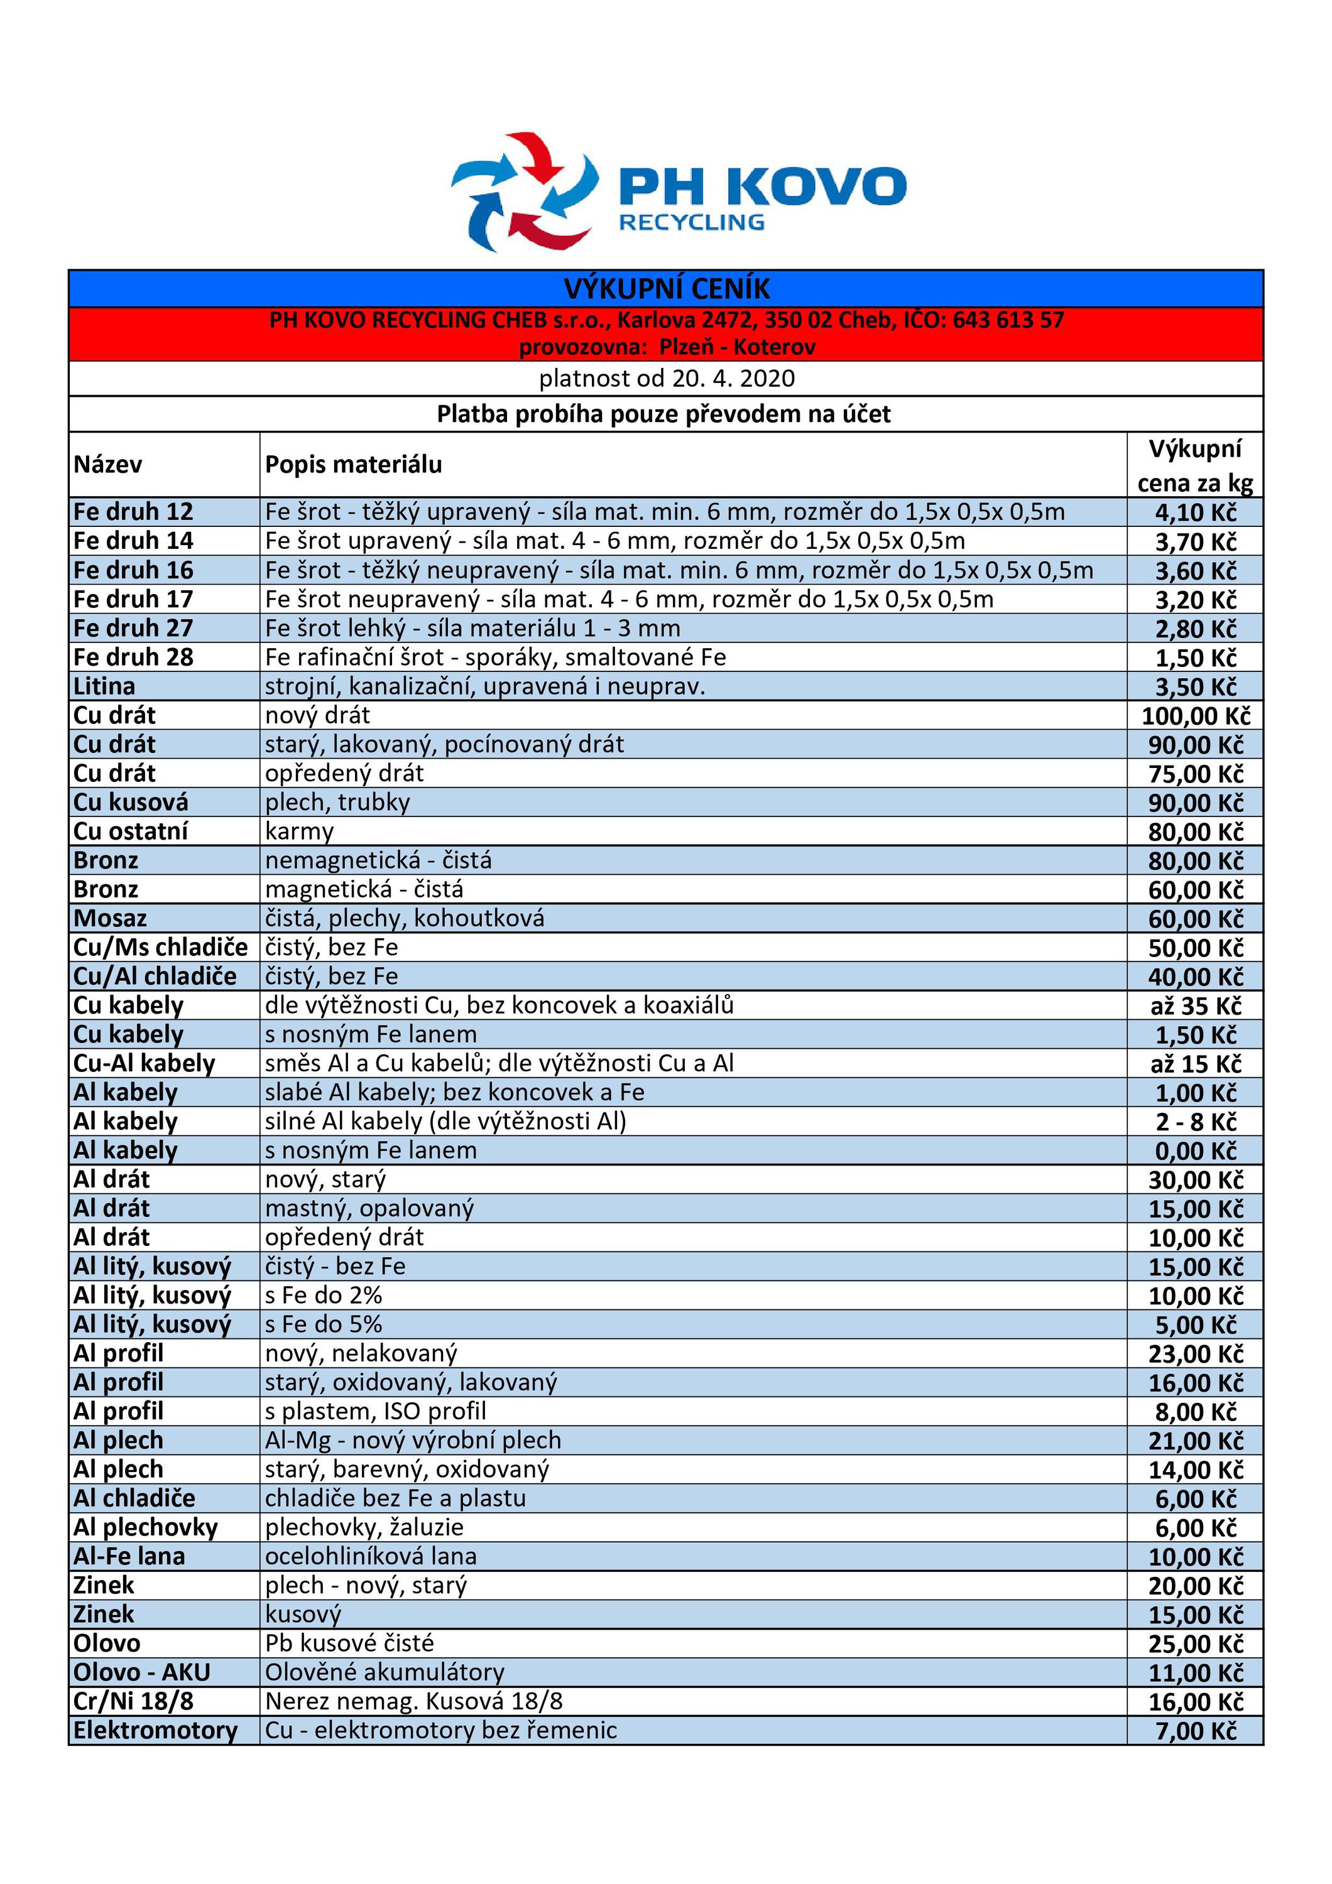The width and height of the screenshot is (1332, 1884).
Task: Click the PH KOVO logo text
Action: pyautogui.click(x=762, y=187)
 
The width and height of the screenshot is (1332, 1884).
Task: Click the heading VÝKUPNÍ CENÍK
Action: pyautogui.click(x=667, y=289)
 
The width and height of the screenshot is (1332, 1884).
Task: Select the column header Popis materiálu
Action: pyautogui.click(x=353, y=465)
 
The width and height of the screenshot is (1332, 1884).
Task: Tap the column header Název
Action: pyautogui.click(x=107, y=465)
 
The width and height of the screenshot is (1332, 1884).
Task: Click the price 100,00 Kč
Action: pyautogui.click(x=1195, y=717)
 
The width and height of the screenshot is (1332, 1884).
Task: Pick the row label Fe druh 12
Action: pyautogui.click(x=133, y=512)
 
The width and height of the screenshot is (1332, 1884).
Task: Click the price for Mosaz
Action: pyautogui.click(x=1195, y=919)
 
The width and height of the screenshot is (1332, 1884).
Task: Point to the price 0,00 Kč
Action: pyautogui.click(x=1195, y=1151)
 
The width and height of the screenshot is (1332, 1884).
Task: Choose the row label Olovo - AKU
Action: pyautogui.click(x=142, y=1672)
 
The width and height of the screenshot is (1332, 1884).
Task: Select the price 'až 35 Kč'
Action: pyautogui.click(x=1195, y=1006)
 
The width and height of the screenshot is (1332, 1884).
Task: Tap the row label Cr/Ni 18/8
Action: pyautogui.click(x=133, y=1701)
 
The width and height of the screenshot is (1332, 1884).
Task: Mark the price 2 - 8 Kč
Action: pyautogui.click(x=1195, y=1122)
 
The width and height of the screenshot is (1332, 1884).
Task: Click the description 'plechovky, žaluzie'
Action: pyautogui.click(x=364, y=1527)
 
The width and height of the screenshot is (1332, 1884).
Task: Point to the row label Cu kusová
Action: pyautogui.click(x=131, y=802)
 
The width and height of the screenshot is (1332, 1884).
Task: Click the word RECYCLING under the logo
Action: pyautogui.click(x=691, y=222)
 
